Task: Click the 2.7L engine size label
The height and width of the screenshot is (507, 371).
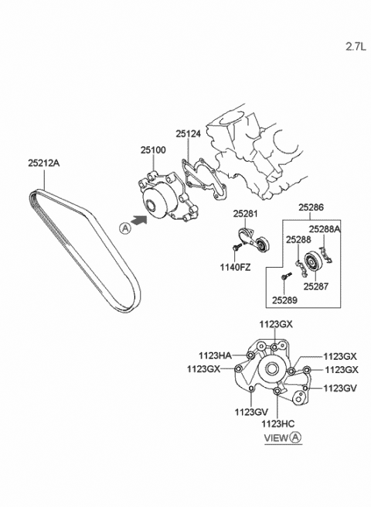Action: click(356, 47)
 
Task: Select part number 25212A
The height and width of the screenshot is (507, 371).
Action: click(43, 163)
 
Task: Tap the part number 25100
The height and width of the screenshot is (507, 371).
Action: click(153, 150)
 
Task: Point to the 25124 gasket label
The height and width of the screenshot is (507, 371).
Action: click(189, 134)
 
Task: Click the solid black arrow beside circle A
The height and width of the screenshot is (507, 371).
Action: click(140, 221)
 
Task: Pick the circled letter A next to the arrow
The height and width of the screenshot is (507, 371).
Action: click(125, 228)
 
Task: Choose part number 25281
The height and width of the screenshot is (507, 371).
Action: click(246, 214)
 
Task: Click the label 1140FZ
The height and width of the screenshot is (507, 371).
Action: click(236, 267)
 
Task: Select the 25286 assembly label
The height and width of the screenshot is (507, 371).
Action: click(311, 207)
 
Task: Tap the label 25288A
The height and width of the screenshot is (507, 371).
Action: click(325, 229)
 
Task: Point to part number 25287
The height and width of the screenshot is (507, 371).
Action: click(316, 286)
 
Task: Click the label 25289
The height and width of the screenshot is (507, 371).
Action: click(284, 300)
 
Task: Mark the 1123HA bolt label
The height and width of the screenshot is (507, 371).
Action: click(215, 356)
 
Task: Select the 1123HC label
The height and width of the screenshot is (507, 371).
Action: click(278, 423)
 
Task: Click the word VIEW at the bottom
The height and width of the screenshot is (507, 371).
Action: click(276, 438)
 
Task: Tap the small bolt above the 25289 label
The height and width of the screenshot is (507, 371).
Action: click(286, 277)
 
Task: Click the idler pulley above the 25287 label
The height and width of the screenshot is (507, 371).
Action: click(312, 262)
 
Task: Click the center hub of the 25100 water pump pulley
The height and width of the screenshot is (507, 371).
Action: click(151, 205)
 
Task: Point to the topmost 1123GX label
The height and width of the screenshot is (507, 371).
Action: click(276, 324)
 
